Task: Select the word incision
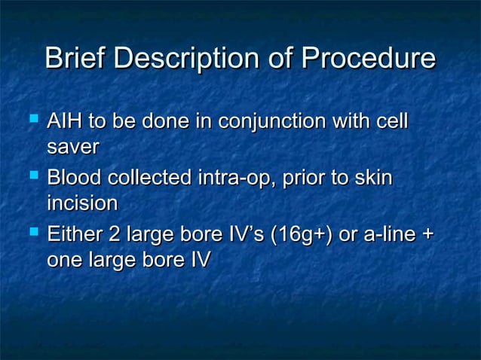pyautogui.click(x=82, y=204)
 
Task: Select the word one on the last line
pyautogui.click(x=66, y=261)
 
